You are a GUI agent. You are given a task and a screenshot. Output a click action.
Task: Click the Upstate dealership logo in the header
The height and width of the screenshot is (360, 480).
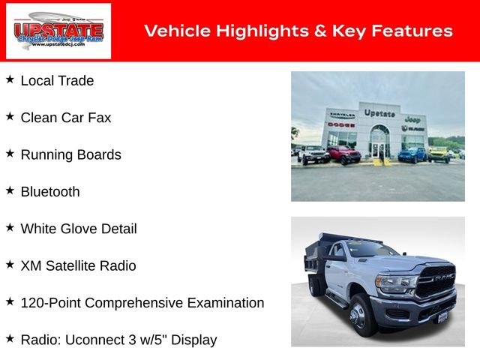tap(58, 31)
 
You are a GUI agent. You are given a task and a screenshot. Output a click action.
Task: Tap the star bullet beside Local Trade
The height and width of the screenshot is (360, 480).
tap(10, 79)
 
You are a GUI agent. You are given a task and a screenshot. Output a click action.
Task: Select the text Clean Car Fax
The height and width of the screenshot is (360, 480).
tap(66, 118)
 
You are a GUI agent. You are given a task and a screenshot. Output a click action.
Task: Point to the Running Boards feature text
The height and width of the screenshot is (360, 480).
tap(70, 155)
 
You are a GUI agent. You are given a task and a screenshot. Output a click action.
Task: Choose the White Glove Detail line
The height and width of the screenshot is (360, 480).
tap(79, 229)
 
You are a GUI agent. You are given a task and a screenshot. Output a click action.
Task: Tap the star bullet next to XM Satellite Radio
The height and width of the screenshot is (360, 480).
tap(10, 264)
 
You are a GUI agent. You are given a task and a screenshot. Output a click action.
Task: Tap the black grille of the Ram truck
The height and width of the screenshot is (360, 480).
tap(436, 283)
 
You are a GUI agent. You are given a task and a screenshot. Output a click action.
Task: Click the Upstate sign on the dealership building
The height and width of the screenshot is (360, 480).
tap(379, 113)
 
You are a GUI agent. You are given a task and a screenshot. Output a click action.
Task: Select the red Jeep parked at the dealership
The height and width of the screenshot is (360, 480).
tap(343, 154)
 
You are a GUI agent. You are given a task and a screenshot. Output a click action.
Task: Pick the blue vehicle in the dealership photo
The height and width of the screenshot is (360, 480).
tap(412, 154)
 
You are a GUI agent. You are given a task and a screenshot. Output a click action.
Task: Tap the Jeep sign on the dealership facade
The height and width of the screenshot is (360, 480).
tap(412, 119)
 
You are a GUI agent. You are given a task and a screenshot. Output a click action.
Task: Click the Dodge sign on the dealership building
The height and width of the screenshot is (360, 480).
tap(340, 124)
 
